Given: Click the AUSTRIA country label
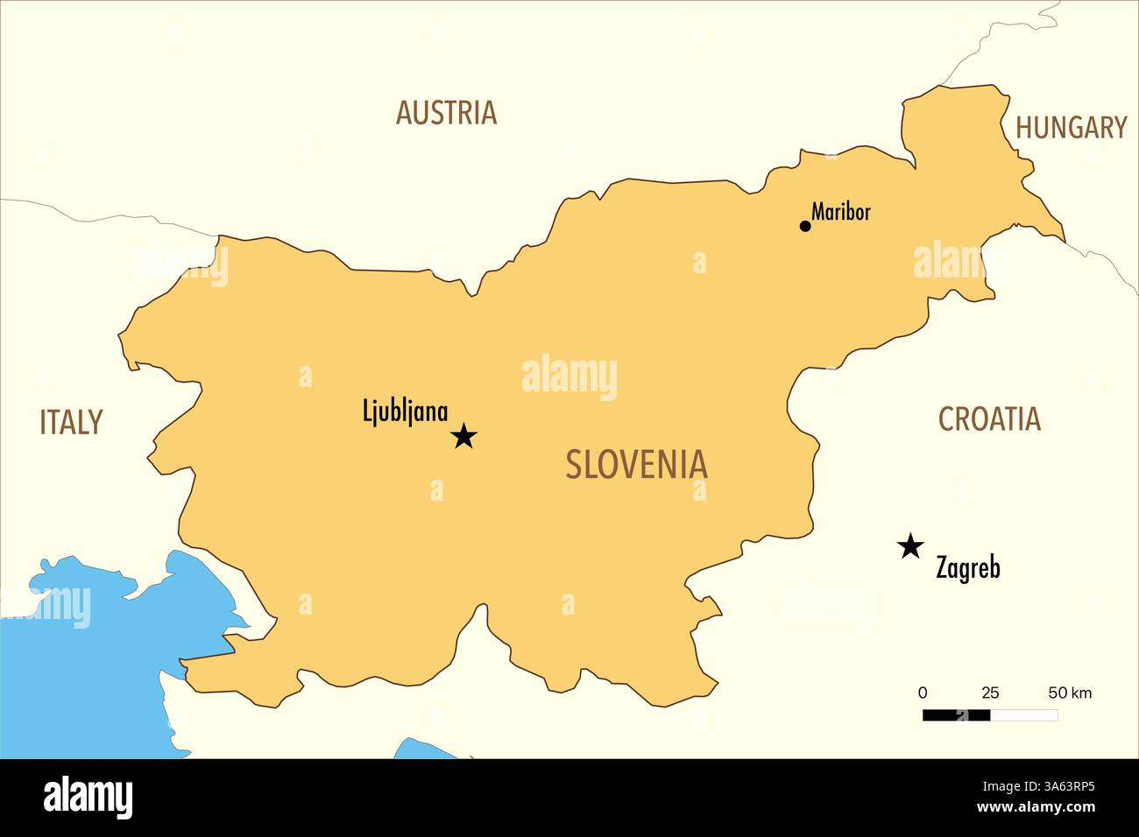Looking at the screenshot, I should click(x=446, y=113).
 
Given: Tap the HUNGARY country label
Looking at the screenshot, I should click(x=1071, y=128).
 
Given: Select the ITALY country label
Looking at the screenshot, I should click(x=71, y=423).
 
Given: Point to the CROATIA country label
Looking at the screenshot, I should click(x=989, y=419).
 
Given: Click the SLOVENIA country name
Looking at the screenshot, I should click(x=636, y=464).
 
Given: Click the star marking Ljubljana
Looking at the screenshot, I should click(x=463, y=436).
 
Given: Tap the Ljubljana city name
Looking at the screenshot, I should click(x=405, y=411).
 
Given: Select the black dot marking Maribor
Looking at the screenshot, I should click(x=805, y=226).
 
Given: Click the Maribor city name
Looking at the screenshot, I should click(x=841, y=211).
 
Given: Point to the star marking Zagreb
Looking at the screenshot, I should click(x=910, y=546).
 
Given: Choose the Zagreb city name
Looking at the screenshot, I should click(x=967, y=568).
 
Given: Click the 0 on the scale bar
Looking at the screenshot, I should click(x=923, y=693).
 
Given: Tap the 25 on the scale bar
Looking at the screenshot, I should click(x=990, y=693).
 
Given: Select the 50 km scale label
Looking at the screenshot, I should click(x=1070, y=693).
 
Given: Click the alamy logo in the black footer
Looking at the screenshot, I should click(x=88, y=798).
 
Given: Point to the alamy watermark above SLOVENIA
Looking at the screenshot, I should click(x=569, y=376).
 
